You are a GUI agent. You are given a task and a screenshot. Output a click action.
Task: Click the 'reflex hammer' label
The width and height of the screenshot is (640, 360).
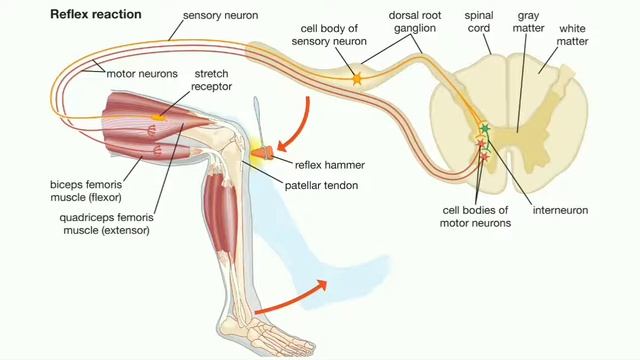pos(328,164)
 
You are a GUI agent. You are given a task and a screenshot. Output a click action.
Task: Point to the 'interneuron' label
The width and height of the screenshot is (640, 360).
pos(559,211)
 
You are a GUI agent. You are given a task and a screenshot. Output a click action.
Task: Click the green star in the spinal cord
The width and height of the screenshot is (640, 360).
pos(485,128)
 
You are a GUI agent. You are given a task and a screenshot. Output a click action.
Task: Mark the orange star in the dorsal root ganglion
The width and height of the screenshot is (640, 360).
pos(356,76)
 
